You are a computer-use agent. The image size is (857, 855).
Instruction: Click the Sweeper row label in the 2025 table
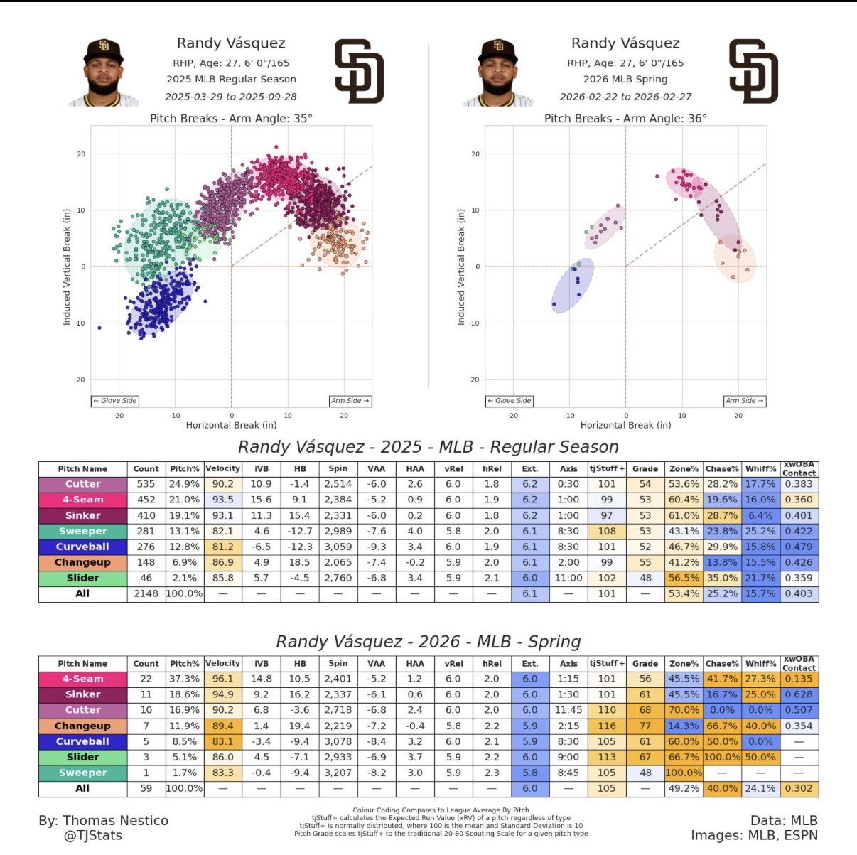(x=82, y=531)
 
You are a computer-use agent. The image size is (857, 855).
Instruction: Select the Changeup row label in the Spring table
(x=82, y=726)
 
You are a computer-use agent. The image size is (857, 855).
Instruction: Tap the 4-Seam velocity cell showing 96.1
(x=222, y=679)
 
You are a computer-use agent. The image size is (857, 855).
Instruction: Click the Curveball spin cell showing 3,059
(x=338, y=547)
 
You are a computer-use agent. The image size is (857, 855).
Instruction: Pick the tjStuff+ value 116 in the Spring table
(x=606, y=726)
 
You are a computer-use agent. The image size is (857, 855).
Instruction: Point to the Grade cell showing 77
(x=645, y=726)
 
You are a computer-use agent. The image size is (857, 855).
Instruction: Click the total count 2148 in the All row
(x=146, y=593)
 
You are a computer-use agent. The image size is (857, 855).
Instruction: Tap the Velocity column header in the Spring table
(x=222, y=663)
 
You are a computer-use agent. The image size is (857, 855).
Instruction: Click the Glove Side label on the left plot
(x=114, y=401)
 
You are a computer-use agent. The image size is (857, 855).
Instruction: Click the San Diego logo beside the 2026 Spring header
(x=753, y=71)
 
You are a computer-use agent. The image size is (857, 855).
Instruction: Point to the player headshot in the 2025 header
(x=104, y=73)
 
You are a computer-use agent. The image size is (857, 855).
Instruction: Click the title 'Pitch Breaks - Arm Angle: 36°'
(x=625, y=119)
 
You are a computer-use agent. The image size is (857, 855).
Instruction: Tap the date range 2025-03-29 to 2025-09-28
(x=231, y=97)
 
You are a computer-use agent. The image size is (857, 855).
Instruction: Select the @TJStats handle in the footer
(x=93, y=836)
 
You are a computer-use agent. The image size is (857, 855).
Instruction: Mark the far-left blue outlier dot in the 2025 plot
(x=99, y=328)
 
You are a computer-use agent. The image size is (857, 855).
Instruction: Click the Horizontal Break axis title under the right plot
(x=625, y=425)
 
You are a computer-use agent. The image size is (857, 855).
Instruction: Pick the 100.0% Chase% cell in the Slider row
(x=721, y=757)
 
